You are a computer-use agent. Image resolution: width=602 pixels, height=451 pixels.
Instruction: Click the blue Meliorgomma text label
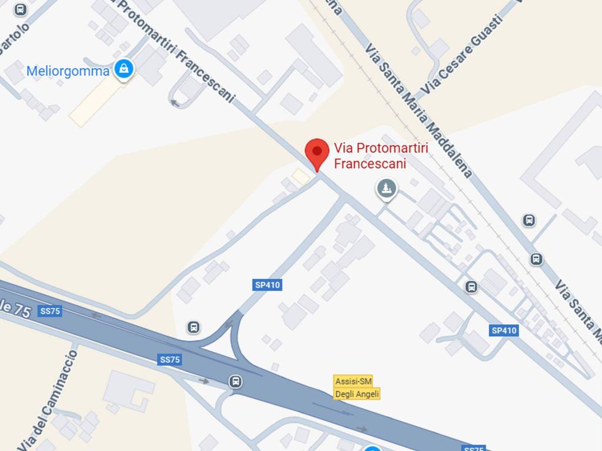tap(68, 72)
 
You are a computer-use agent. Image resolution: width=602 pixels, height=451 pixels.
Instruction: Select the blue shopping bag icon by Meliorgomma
tap(124, 69)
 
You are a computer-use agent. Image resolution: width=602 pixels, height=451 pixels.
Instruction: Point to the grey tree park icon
tap(386, 189)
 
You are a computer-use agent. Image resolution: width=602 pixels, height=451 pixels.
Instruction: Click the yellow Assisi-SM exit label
tap(353, 381)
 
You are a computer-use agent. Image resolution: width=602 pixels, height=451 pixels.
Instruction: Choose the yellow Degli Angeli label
tap(357, 394)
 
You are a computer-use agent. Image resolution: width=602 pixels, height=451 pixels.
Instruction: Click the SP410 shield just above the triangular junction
tap(267, 285)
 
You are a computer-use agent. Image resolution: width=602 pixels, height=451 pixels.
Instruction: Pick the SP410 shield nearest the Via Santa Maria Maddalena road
tap(504, 331)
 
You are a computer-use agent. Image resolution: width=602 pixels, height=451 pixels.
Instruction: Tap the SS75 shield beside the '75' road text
tap(50, 311)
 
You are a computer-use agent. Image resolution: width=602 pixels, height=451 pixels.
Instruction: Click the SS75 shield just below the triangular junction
tap(169, 360)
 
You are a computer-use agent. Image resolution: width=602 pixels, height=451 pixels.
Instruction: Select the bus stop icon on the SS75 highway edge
tap(235, 382)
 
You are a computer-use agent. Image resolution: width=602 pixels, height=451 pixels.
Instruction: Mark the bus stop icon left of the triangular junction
tap(193, 327)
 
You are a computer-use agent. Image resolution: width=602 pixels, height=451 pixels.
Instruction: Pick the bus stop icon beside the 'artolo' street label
tap(21, 10)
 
